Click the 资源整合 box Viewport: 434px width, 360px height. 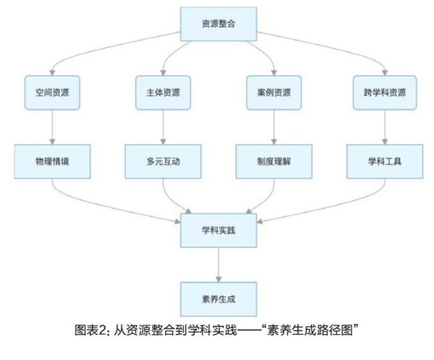[218, 24]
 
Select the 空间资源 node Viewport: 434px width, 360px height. [53, 93]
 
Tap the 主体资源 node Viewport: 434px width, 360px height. [163, 93]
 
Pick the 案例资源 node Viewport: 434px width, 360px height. [274, 93]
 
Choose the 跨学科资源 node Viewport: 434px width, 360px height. [385, 93]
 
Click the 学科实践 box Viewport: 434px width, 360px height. [218, 230]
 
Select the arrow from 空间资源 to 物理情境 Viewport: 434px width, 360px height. [53, 127]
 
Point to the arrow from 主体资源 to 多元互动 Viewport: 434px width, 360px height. [163, 127]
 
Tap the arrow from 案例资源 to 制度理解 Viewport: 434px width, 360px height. [274, 127]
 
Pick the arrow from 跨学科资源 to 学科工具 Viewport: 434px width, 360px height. [385, 127]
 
